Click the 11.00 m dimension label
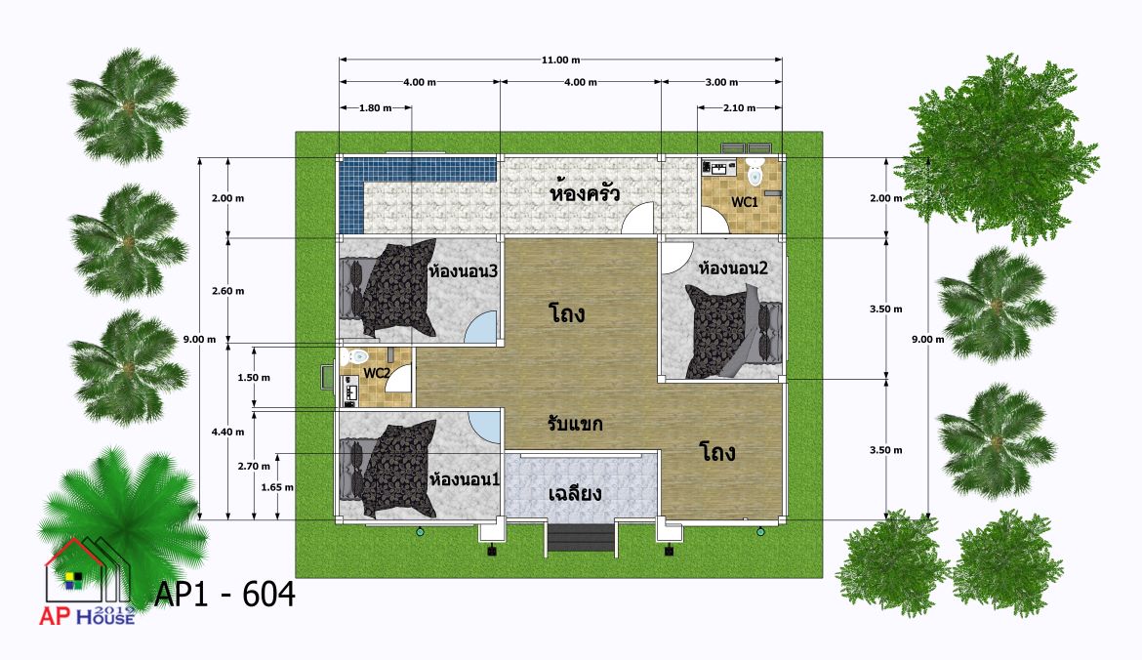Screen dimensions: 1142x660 [x=561, y=60]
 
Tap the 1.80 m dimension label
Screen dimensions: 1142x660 [x=375, y=107]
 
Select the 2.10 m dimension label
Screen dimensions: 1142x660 [x=739, y=107]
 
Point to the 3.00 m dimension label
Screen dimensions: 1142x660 [x=721, y=82]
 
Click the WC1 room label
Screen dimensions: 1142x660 [x=745, y=202]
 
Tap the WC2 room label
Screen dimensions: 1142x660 [x=377, y=373]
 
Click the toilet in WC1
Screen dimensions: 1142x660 [x=755, y=174]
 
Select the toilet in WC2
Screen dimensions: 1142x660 [x=357, y=356]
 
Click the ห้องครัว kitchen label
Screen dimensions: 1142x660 [x=585, y=193]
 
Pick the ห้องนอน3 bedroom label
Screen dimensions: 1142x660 [x=463, y=271]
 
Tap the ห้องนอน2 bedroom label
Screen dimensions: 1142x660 [x=733, y=268]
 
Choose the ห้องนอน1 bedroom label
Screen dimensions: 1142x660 [x=464, y=479]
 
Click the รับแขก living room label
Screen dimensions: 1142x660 [x=575, y=424]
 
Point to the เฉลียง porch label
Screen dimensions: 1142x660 [x=575, y=493]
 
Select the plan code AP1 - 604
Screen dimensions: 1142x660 [x=225, y=595]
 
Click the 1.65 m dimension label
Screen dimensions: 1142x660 [x=277, y=487]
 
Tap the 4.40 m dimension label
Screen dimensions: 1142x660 [x=228, y=432]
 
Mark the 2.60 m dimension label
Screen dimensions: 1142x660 [x=228, y=291]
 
